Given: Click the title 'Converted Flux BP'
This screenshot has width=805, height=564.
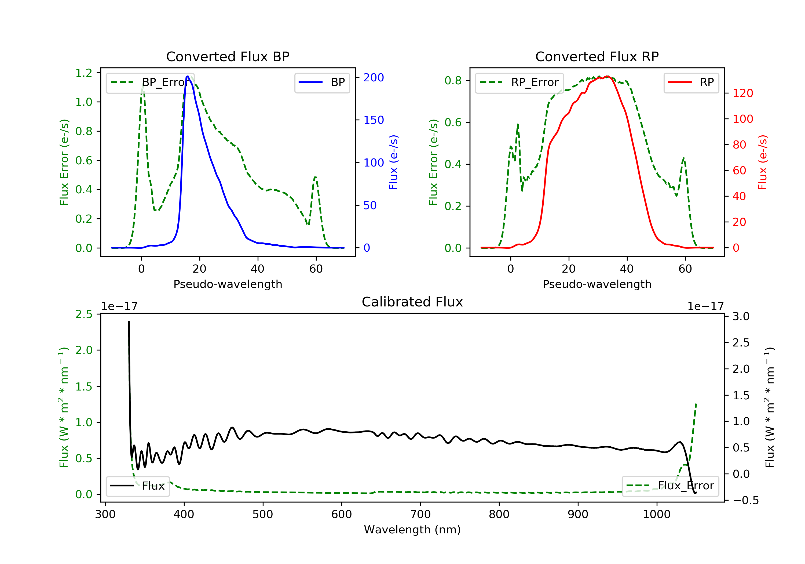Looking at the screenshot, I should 228,56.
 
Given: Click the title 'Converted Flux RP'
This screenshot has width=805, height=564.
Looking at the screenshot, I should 597,56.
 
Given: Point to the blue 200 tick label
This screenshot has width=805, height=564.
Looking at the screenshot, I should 374,78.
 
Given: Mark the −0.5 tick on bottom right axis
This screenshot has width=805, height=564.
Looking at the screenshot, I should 745,500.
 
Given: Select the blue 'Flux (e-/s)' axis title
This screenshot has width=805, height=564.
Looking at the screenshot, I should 393,162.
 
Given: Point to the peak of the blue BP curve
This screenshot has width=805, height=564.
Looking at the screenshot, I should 188,76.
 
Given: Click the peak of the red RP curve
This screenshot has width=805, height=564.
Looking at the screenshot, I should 607,77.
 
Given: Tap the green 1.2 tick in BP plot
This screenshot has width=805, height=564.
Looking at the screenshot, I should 84,73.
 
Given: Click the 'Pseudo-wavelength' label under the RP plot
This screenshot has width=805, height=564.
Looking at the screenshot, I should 597,284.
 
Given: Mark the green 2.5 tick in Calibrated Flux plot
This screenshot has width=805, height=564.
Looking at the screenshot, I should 84,314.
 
